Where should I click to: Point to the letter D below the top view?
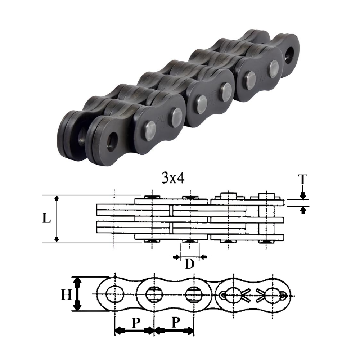pos(190,265)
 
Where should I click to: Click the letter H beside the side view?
pos(66,295)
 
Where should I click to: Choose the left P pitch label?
pos(135,323)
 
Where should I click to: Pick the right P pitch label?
pos(175,323)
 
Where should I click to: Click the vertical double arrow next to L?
pos(57,219)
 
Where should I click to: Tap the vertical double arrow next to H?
pos(77,294)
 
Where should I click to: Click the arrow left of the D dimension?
pos(176,257)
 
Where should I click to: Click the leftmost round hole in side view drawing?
pos(114,294)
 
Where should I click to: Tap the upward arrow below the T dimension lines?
pos(303,210)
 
